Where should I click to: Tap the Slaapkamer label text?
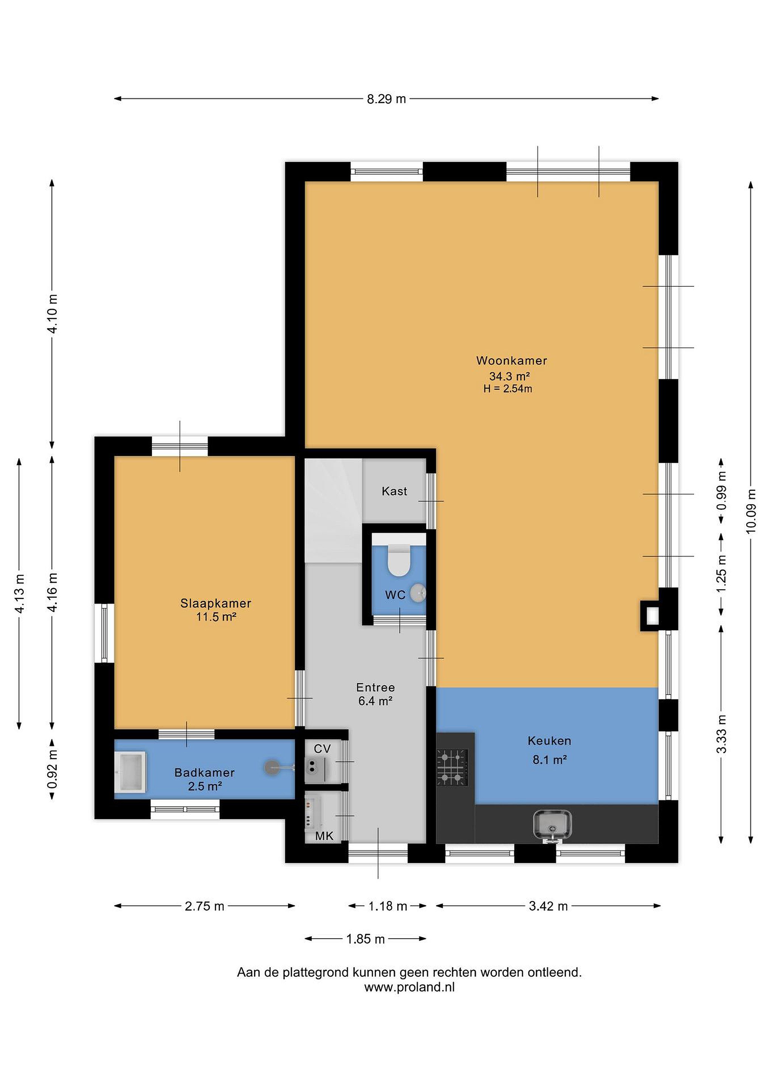pyautogui.click(x=216, y=603)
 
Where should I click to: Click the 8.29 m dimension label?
pyautogui.click(x=386, y=99)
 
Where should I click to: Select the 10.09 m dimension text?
pyautogui.click(x=751, y=510)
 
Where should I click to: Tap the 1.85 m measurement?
pyautogui.click(x=365, y=939)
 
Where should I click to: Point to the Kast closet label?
pyautogui.click(x=395, y=491)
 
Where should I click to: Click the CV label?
pyautogui.click(x=322, y=749)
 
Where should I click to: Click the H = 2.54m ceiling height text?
pyautogui.click(x=508, y=389)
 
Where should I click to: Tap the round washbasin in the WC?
pyautogui.click(x=418, y=593)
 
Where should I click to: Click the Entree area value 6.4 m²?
pyautogui.click(x=375, y=700)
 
